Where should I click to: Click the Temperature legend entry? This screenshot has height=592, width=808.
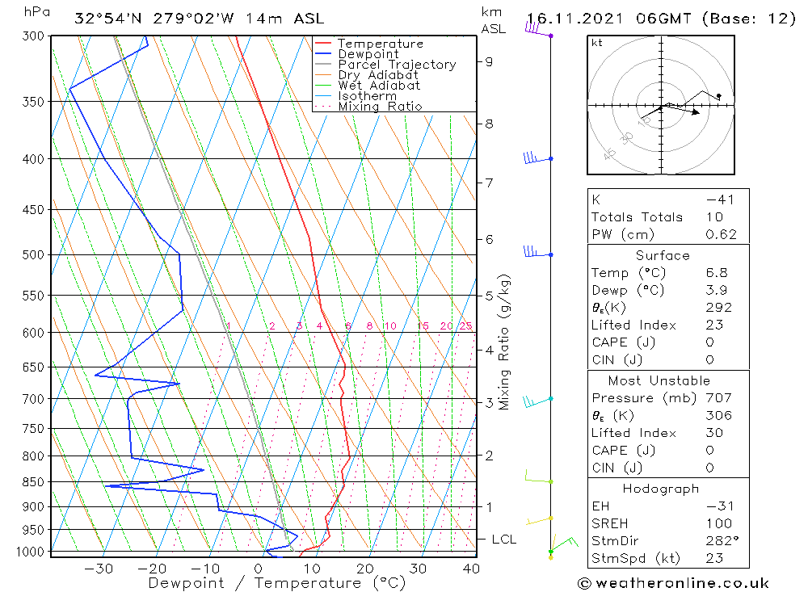[380, 44]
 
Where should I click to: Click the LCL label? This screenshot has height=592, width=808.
[503, 539]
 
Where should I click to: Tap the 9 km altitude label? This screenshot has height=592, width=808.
[489, 61]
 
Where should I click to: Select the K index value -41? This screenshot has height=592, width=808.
[720, 199]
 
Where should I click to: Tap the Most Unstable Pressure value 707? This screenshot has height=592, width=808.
[718, 398]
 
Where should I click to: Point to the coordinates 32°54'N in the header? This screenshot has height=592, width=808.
[104, 19]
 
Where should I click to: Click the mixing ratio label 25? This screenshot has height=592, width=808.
[465, 326]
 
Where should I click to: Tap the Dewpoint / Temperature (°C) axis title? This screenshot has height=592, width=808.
[276, 583]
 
